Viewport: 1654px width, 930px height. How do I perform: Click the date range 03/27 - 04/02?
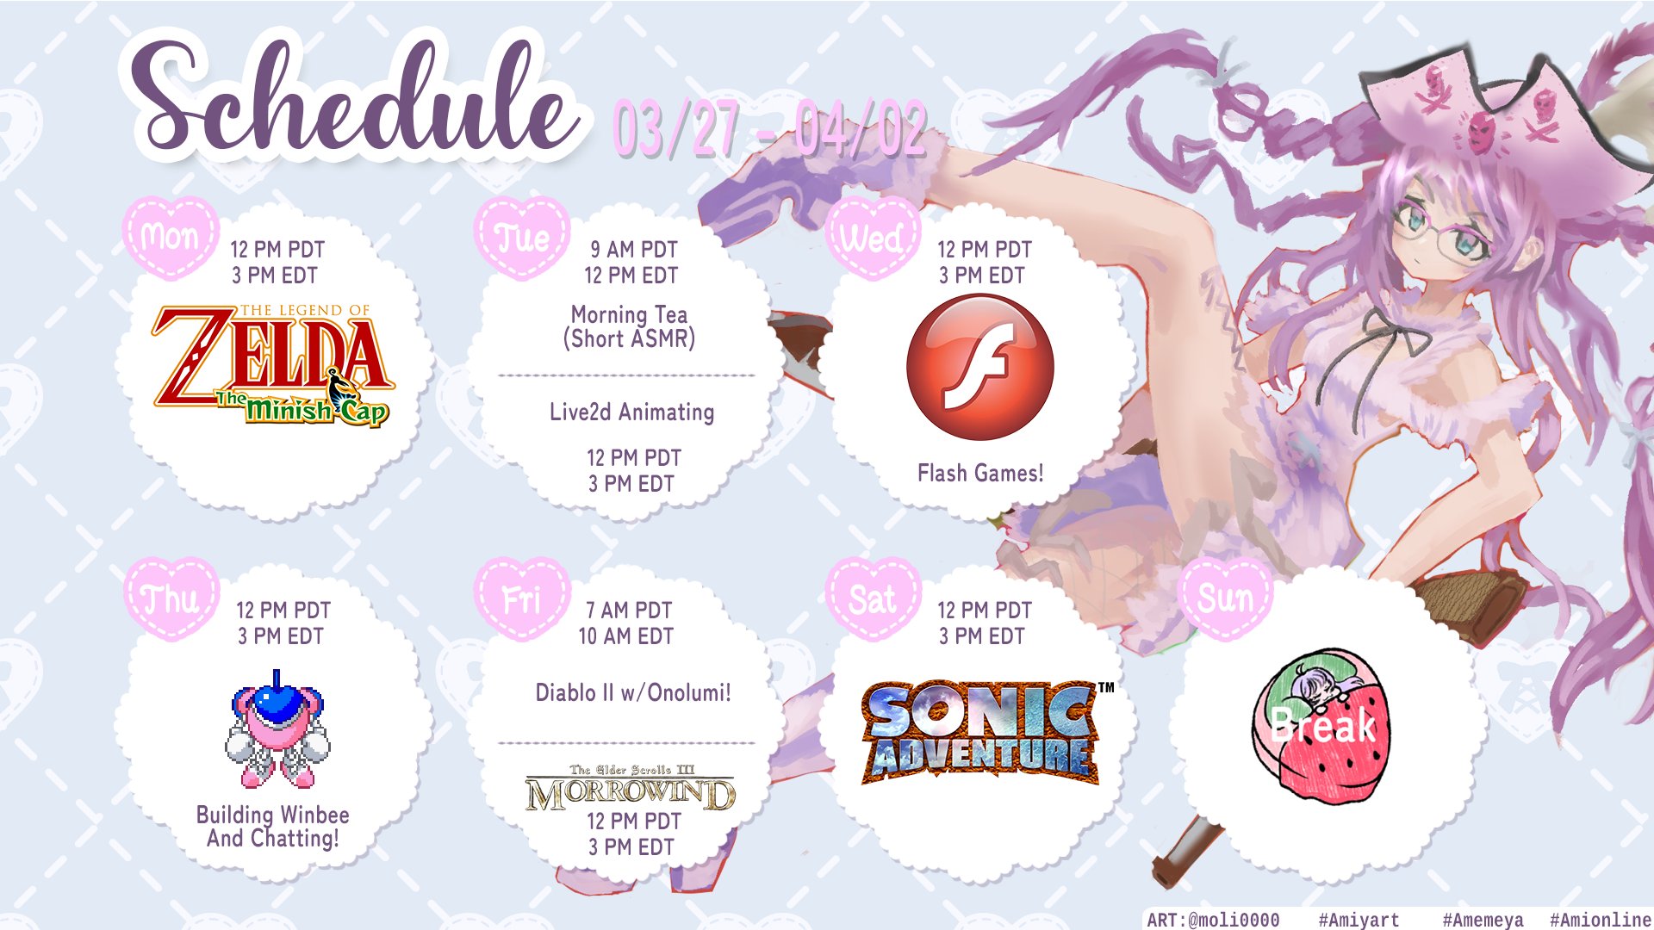click(769, 129)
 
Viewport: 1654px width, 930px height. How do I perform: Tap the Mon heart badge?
click(171, 237)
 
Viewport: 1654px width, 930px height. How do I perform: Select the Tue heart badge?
click(522, 237)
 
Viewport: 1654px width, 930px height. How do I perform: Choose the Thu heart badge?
click(171, 598)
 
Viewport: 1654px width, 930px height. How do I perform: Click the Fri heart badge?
click(522, 598)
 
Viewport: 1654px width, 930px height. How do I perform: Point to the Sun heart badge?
click(1225, 598)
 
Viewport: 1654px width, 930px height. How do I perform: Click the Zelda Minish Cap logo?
click(273, 365)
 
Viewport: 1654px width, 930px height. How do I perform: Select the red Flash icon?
click(980, 367)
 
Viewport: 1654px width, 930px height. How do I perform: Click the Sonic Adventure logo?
click(986, 732)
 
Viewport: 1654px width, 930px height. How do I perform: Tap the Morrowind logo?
click(631, 788)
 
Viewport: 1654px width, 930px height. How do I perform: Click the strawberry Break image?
click(1321, 726)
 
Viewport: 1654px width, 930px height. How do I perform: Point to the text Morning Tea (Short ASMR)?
click(630, 326)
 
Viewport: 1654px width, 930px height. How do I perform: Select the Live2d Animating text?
click(631, 412)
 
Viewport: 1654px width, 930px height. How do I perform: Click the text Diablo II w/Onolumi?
click(633, 692)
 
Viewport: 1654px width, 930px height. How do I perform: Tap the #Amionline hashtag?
click(1600, 920)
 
